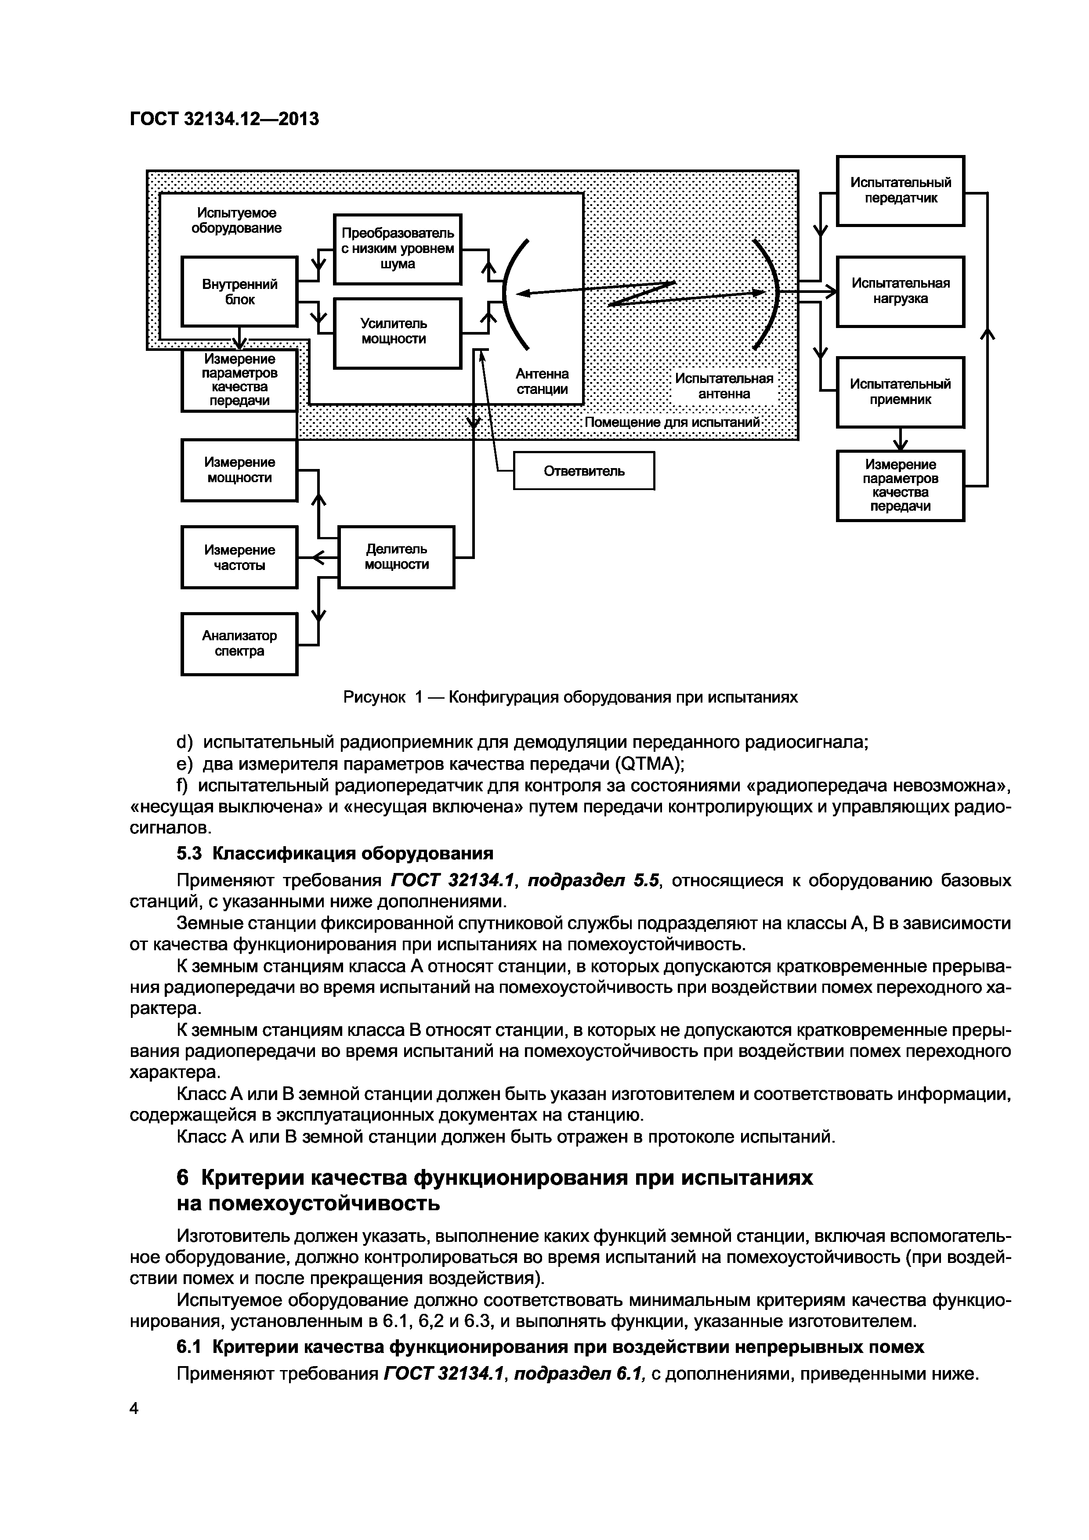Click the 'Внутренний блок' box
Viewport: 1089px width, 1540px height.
pyautogui.click(x=239, y=292)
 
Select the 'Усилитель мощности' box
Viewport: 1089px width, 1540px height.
pyautogui.click(x=397, y=333)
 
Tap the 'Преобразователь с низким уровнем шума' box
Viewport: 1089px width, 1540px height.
pyautogui.click(x=397, y=249)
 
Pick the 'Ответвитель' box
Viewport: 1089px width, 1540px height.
pyautogui.click(x=584, y=471)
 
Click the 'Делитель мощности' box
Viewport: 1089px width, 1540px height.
pyautogui.click(x=396, y=557)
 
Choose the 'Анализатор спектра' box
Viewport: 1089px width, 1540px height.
pyautogui.click(x=239, y=643)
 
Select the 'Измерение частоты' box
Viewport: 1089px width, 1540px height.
pyautogui.click(x=239, y=557)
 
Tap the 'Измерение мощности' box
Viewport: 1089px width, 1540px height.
pyautogui.click(x=239, y=470)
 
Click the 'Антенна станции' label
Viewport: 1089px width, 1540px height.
pyautogui.click(x=542, y=382)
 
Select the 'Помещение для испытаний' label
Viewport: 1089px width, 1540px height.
pyautogui.click(x=672, y=422)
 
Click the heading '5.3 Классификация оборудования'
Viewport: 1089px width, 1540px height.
pyautogui.click(x=334, y=853)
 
